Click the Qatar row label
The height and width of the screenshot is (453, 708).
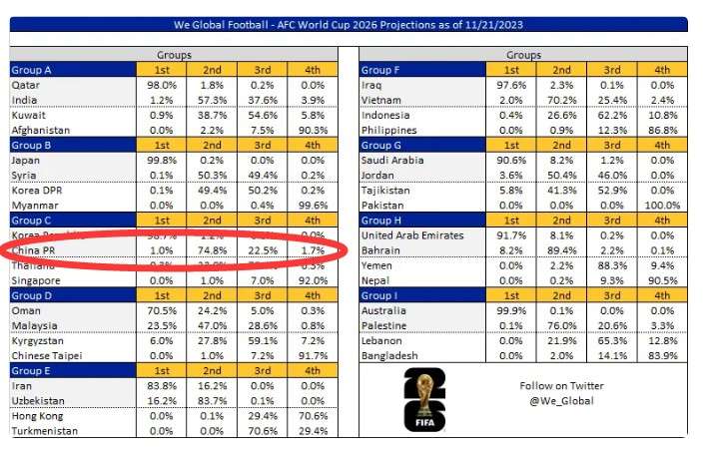pos(26,86)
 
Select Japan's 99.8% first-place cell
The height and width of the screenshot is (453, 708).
pos(160,161)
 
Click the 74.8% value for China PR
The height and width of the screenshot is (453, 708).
pos(211,251)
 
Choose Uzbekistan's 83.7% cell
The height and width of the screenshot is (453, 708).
pos(211,401)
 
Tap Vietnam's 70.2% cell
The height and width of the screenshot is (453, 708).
pos(561,101)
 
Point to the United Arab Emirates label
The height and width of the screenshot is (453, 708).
pos(412,235)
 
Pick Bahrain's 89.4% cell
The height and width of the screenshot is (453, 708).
pos(561,250)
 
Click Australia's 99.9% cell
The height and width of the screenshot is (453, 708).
pos(511,311)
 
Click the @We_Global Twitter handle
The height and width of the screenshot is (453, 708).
pos(561,401)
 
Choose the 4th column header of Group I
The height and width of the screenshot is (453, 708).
pos(662,296)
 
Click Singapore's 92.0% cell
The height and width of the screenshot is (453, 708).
pos(312,280)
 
